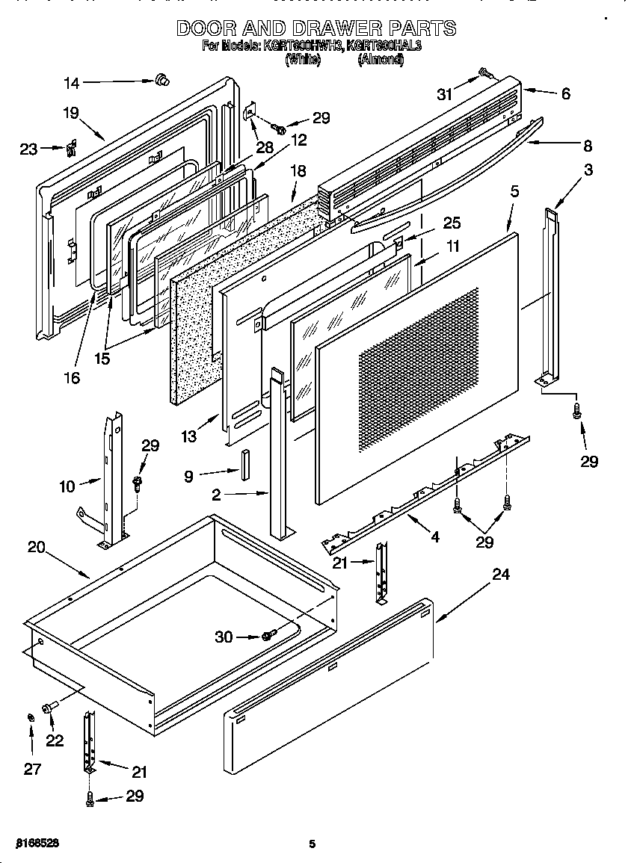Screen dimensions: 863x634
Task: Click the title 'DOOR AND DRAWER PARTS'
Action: pos(316,28)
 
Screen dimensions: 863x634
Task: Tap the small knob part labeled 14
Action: pos(160,80)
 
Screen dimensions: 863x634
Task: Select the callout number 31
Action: pos(445,93)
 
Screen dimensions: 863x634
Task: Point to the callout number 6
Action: pos(565,94)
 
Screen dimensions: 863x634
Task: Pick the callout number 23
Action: pos(28,149)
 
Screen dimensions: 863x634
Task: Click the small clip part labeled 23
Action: pos(72,149)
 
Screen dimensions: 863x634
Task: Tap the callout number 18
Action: pos(298,171)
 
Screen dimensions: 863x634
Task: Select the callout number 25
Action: pos(452,223)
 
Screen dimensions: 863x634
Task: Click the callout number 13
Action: pos(188,436)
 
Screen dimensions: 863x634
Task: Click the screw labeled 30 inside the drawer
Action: pos(267,636)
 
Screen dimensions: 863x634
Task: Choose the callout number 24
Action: pos(501,574)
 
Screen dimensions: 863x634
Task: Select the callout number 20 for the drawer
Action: pos(37,547)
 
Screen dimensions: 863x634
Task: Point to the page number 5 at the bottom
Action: pos(313,844)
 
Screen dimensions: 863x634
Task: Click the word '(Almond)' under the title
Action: pos(381,60)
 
